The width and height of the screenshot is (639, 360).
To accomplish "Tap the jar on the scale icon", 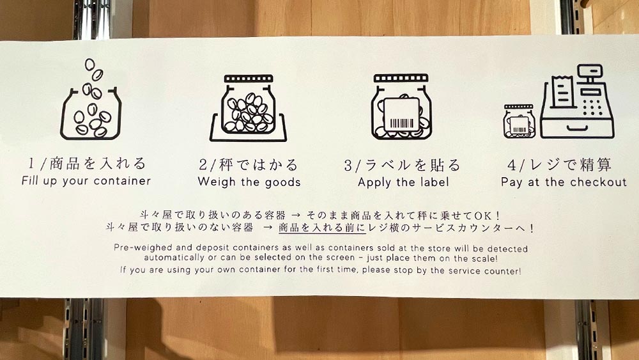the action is click(x=248, y=106).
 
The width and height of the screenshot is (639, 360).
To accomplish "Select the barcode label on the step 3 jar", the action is click(x=401, y=115).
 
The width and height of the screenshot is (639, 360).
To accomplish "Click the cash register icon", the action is click(x=577, y=102).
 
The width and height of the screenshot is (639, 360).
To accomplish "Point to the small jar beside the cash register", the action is click(x=518, y=121).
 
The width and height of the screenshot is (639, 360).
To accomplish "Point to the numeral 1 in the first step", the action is click(x=31, y=163).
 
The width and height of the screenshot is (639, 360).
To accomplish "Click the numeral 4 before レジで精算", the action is click(x=512, y=165).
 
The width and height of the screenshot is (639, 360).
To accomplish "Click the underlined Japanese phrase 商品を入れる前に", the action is click(x=322, y=228).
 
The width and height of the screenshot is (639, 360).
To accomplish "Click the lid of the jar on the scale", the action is click(x=249, y=78).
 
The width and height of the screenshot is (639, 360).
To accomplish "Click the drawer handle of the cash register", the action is click(x=577, y=129).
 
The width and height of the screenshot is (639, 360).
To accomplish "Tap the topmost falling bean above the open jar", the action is click(x=89, y=65).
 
